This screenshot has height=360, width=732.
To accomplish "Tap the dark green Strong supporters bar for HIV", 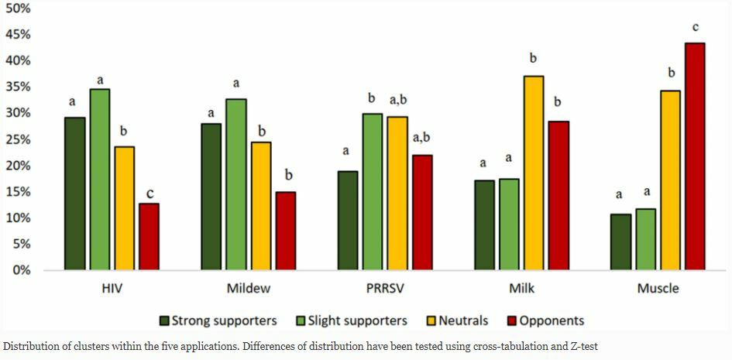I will coord(74,194).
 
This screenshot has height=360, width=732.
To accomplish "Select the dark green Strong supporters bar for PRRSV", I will coord(348,220).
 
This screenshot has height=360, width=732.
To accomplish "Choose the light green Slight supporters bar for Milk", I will coord(509,224).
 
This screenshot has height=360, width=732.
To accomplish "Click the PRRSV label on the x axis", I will coord(384,289).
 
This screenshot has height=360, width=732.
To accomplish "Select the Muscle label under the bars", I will coord(658,289).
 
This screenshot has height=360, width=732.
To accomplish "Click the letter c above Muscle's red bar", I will coord(695,28).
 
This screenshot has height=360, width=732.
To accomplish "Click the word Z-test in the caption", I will coord(579,347).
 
